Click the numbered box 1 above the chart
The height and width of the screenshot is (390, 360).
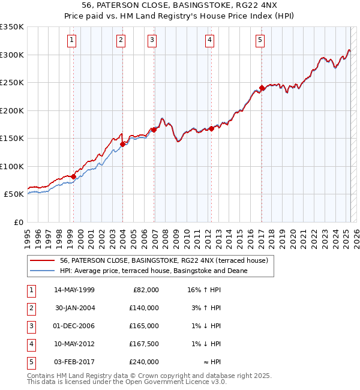point(71,40)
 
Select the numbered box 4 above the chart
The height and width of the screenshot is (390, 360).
point(209,40)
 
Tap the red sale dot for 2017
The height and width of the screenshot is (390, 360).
point(262,88)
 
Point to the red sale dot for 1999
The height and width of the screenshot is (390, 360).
point(74,176)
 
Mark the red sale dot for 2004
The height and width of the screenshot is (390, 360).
point(122,144)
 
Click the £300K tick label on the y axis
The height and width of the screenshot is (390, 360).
point(11,55)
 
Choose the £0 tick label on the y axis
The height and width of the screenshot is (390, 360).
point(18,222)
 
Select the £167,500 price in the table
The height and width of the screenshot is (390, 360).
point(143,344)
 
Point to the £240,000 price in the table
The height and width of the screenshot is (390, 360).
point(143,362)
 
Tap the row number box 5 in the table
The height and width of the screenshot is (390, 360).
point(31,362)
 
